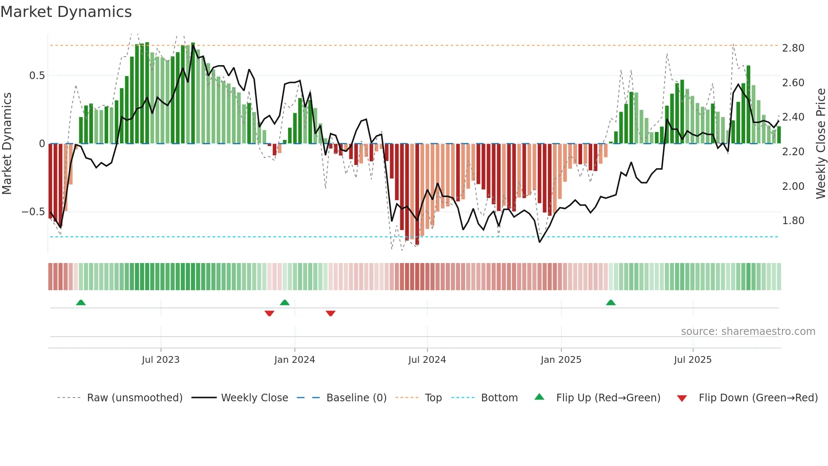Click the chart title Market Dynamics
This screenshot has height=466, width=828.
coord(66,12)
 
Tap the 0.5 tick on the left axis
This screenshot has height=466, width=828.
coord(37,76)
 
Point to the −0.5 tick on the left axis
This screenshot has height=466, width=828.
coord(33,212)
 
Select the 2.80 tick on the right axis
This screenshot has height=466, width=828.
coord(793,48)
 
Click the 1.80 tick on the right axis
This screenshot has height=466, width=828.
coord(793,221)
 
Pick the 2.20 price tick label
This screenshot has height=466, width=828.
coord(793,152)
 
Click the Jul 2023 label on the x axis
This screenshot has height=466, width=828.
coord(161,360)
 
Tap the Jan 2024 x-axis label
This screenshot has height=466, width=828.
coord(294,360)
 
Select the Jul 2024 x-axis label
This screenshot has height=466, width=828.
coord(427,360)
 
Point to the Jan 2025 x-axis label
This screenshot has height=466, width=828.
coord(561,360)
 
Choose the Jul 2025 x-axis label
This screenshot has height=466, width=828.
coord(692,360)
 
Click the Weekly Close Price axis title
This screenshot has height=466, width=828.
coord(820,143)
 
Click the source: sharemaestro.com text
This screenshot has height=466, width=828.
coord(748,332)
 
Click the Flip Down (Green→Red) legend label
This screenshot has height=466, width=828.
coord(758,398)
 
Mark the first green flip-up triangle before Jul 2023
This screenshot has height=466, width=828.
coord(81,302)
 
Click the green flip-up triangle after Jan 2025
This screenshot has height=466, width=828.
coord(610,302)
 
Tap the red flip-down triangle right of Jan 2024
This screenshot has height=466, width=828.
coord(330,313)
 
